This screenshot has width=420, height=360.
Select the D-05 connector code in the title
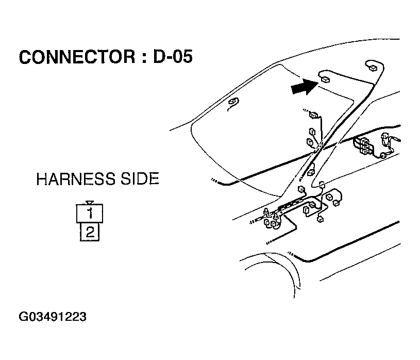pos(173,57)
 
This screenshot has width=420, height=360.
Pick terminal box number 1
pos(90,212)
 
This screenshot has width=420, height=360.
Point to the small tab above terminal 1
pos(90,202)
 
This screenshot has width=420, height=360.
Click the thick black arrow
pos(303,87)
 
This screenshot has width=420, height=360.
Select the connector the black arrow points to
pos(325,79)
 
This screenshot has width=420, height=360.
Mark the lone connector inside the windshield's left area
pos(233,102)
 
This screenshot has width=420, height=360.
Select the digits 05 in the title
pos(181,57)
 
